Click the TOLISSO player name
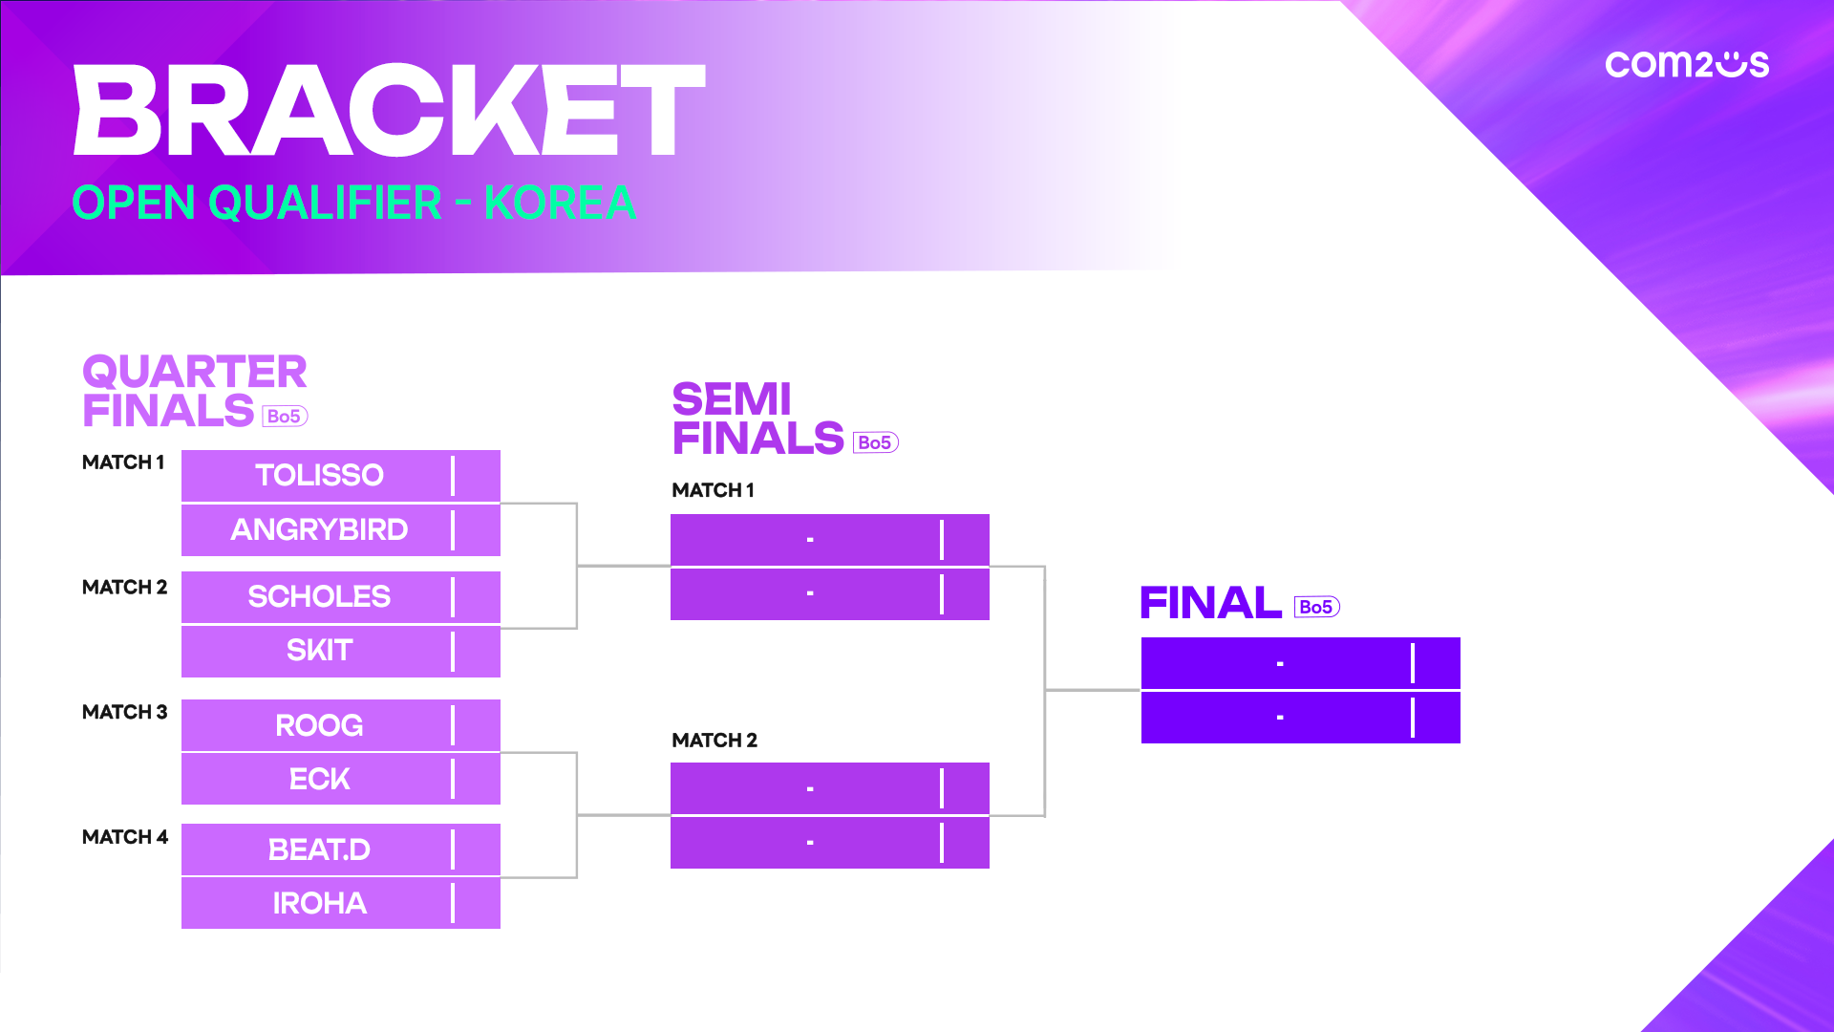coord(319,475)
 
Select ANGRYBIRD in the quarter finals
coord(319,529)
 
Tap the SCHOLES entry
coord(319,596)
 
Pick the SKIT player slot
coord(319,650)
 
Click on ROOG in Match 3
coord(319,725)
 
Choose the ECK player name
coord(319,779)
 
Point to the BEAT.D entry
coord(319,849)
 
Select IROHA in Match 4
coord(319,903)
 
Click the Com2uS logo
coord(1687,64)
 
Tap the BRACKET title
coord(390,110)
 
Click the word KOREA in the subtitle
coord(560,203)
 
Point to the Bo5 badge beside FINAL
coord(1317,607)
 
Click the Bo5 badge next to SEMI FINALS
coord(876,442)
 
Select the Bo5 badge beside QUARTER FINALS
coord(285,416)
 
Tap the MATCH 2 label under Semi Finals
coord(714,741)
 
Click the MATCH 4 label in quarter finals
coord(125,837)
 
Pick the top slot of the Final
coord(1301,663)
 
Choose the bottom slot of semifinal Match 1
coord(830,594)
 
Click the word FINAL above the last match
coord(1211,603)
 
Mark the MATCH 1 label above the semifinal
coord(714,490)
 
